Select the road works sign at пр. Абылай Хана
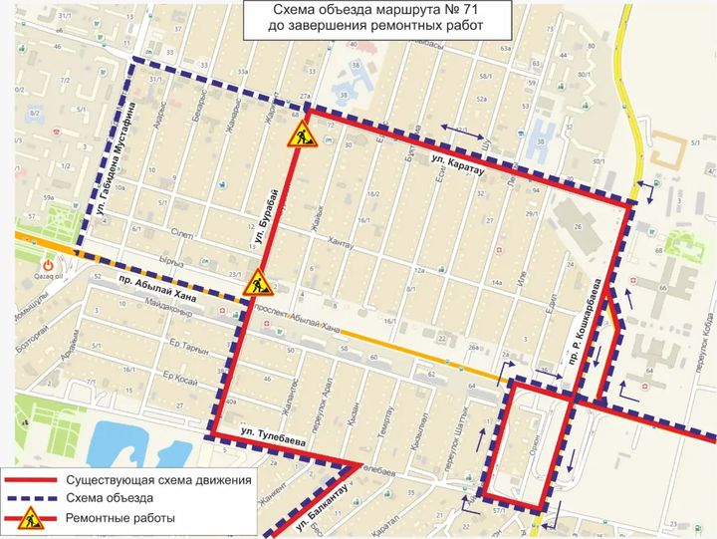258,282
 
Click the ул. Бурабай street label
264,214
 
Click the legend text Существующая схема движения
159,480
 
